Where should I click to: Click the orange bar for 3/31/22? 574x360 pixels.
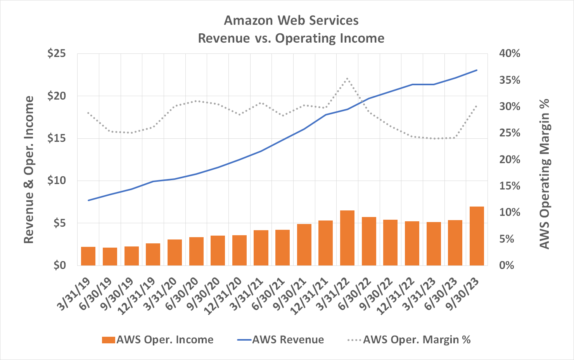347,238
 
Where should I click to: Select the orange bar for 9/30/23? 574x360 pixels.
477,236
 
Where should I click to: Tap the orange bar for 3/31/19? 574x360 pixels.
88,256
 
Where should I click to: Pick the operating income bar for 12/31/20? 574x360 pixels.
239,250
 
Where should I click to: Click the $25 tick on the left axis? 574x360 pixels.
56,53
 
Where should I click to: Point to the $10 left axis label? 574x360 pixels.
56,181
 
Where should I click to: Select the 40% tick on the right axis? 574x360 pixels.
509,53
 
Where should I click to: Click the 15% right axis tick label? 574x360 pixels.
509,186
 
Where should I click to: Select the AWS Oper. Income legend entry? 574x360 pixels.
157,340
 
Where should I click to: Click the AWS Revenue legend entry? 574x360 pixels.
280,340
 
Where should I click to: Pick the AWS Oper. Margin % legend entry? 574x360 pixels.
409,340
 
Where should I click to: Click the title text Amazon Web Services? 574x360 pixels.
291,20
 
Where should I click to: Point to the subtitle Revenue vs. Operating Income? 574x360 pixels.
291,38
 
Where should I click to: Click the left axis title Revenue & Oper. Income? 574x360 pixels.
29,170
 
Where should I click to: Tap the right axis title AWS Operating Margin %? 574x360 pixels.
545,174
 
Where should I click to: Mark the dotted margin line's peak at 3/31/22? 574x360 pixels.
347,78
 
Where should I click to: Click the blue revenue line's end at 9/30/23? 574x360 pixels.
477,70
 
